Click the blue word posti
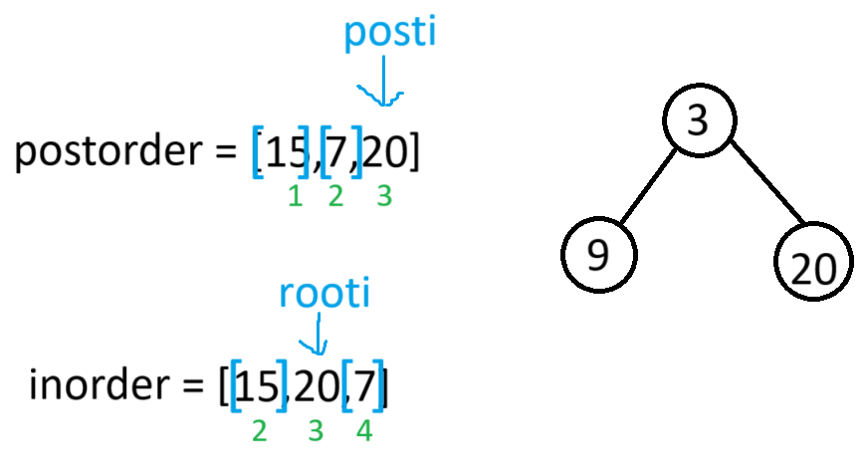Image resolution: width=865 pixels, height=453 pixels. pos(390,33)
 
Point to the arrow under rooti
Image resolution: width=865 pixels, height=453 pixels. pos(316,336)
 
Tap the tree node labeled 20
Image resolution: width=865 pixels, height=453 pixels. pos(815,265)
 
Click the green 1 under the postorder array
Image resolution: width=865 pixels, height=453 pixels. pos(295,196)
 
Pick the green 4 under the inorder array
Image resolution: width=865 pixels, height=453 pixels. pos(363,432)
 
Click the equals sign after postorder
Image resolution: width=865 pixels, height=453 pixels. pos(226,154)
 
